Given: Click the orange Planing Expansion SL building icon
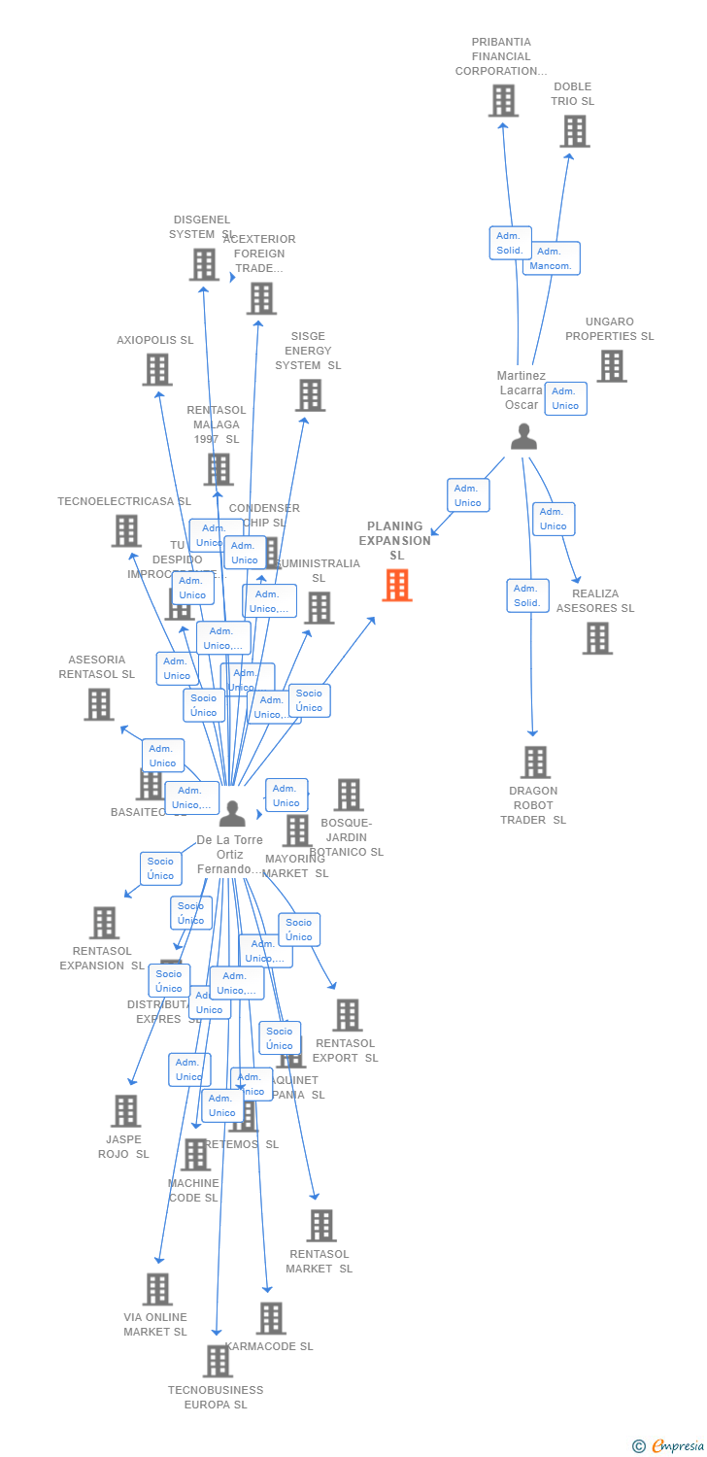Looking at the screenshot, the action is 396,585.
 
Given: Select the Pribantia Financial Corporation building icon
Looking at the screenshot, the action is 503,100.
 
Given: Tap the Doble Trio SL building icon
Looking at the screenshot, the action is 574,131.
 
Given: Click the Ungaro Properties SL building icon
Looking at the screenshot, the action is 611,366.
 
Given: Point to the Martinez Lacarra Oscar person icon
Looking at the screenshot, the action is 523,437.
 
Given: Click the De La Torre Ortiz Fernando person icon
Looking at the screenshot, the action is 232,813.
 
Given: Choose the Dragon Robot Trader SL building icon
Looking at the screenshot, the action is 534,762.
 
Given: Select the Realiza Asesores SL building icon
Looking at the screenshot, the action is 597,638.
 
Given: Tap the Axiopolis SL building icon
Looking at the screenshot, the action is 157,369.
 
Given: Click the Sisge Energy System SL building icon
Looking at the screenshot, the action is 310,395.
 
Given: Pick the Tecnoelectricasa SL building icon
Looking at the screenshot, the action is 126,530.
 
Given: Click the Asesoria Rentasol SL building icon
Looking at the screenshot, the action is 98,704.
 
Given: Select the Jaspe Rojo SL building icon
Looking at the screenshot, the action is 125,1110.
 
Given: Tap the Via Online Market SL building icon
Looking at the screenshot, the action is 157,1289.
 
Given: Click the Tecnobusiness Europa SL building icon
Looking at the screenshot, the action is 218,1361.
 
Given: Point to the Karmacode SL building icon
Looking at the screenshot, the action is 271,1318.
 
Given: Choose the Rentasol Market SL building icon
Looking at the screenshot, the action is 321,1226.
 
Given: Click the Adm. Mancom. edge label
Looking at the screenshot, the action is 552,258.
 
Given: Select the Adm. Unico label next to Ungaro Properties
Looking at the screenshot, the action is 565,398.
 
